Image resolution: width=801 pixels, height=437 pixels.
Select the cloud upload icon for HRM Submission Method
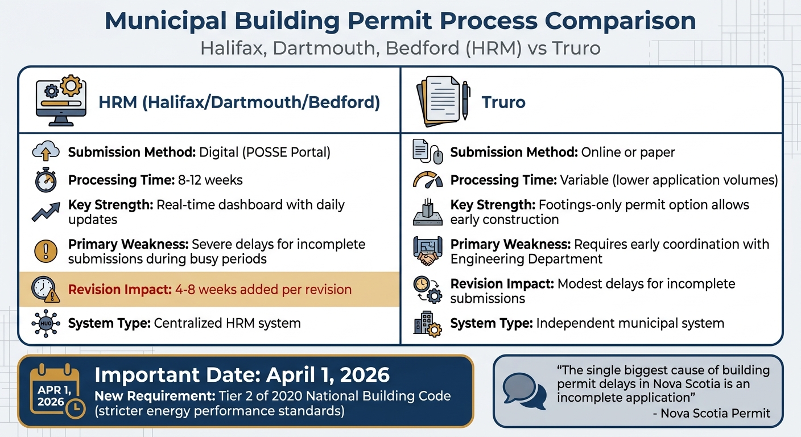[x=46, y=152]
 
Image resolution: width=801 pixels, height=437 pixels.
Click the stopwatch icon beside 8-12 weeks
[x=46, y=181]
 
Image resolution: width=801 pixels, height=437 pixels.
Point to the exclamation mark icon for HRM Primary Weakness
[x=46, y=251]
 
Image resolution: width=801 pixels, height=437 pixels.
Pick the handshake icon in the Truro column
[x=427, y=252]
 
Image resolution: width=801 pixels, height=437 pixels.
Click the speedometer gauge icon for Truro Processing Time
[x=427, y=181]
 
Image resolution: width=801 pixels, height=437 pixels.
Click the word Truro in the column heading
[x=503, y=102]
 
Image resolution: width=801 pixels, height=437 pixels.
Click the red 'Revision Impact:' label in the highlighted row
[x=119, y=289]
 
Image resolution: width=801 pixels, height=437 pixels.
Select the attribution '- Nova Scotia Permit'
[x=711, y=413]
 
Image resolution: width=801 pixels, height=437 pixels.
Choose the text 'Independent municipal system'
[x=630, y=324]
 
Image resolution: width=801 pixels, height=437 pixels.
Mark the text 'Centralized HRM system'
[x=227, y=324]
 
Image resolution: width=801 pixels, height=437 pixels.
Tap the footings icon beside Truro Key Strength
[x=427, y=212]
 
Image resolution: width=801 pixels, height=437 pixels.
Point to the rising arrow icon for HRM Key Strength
[x=46, y=212]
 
